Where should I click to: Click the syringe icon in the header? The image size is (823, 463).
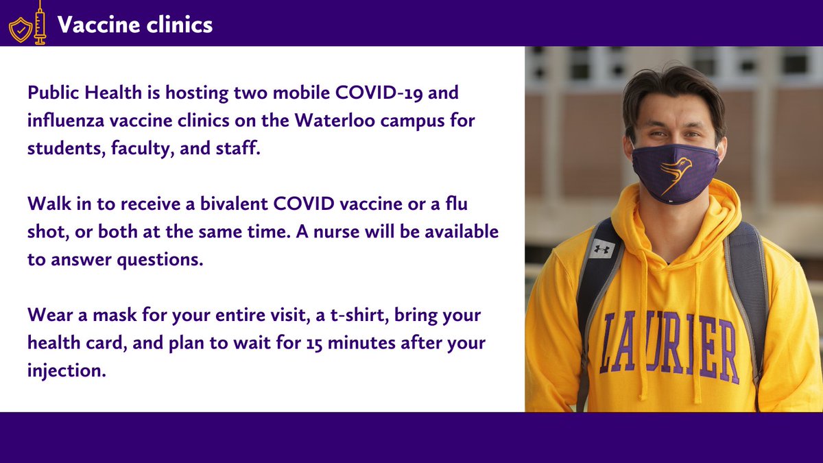40,23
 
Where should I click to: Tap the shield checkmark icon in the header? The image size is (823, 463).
19,29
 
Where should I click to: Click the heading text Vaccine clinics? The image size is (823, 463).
134,25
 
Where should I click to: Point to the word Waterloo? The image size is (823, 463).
339,121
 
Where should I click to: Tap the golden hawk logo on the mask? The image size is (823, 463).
675,174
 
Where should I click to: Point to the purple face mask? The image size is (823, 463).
675,173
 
